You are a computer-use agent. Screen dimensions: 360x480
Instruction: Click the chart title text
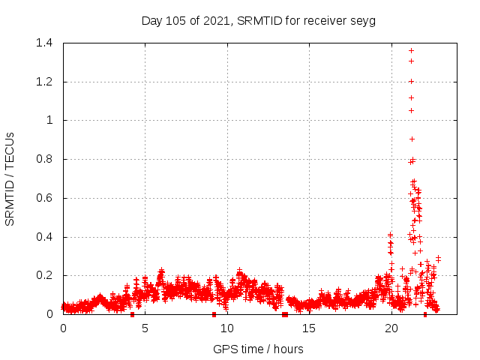(258, 20)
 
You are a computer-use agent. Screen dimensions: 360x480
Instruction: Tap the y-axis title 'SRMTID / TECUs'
(10, 178)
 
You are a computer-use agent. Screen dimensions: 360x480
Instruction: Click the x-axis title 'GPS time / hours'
(258, 349)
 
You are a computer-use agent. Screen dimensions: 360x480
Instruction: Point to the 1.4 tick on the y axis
(47, 43)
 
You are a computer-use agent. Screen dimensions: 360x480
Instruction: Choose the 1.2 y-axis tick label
(47, 82)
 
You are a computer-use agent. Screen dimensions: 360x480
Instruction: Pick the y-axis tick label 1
(52, 120)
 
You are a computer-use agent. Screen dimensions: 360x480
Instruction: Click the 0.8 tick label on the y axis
(47, 159)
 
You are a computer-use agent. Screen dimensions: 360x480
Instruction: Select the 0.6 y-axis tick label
(47, 198)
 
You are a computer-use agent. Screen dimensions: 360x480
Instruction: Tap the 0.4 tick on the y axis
(47, 237)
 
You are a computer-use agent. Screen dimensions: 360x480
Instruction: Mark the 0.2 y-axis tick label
(47, 276)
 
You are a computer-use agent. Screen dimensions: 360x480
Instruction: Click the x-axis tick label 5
(145, 328)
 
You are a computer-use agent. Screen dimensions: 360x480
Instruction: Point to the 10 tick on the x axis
(227, 328)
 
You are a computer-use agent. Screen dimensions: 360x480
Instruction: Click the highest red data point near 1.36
(411, 50)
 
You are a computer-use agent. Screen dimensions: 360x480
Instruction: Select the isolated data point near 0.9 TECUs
(412, 139)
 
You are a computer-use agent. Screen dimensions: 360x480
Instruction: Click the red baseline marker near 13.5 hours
(285, 314)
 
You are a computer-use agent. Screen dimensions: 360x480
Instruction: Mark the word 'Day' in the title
(151, 20)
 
